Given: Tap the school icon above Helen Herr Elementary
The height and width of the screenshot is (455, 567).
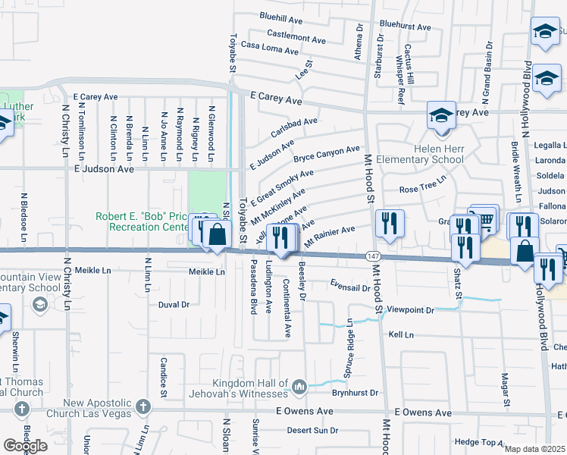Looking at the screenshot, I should point(441,115).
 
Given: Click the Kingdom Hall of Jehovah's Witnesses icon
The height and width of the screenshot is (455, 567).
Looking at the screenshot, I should point(299,388).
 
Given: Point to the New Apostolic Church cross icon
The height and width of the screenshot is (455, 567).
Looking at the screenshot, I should point(143,409).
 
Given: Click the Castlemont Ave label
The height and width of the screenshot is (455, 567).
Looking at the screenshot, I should point(296,36).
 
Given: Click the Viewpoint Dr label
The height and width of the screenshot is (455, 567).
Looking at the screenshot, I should point(410,310).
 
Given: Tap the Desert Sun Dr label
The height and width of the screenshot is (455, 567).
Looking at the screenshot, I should point(312,430).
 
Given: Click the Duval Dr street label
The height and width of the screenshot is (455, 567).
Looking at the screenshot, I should point(174,305).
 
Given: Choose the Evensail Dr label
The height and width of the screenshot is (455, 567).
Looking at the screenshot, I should point(349,287).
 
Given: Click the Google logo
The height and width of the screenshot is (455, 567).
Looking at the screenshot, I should point(25,445).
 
